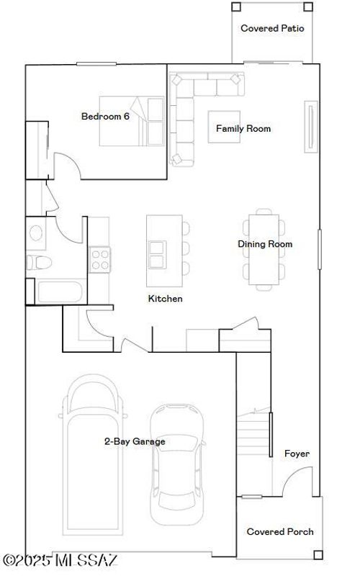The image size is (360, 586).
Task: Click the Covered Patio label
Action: (272, 29)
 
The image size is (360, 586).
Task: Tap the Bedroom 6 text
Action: (105, 116)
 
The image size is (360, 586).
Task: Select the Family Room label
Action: (243, 129)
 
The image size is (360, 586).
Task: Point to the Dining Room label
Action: (265, 244)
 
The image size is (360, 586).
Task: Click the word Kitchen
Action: (165, 299)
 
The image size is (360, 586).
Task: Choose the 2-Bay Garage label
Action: (135, 441)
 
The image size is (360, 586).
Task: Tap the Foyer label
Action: (297, 454)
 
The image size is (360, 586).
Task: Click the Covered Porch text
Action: (280, 532)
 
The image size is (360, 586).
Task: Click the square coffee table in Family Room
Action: (224, 127)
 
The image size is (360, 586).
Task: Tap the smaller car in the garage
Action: (176, 464)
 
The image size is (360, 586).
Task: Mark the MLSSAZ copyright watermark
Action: (60, 559)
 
